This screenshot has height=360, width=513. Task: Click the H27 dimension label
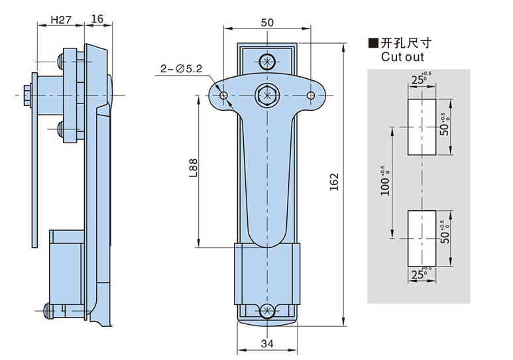point(61,20)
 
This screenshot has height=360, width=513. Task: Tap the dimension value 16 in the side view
point(97,20)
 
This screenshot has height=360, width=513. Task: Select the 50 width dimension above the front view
point(267,22)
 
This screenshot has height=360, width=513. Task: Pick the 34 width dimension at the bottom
point(267,343)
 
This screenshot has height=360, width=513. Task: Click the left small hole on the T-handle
point(224,96)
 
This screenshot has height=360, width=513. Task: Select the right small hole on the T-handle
point(310,96)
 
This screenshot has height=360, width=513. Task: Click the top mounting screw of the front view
point(267,62)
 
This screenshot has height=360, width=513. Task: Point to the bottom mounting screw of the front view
point(267,312)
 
